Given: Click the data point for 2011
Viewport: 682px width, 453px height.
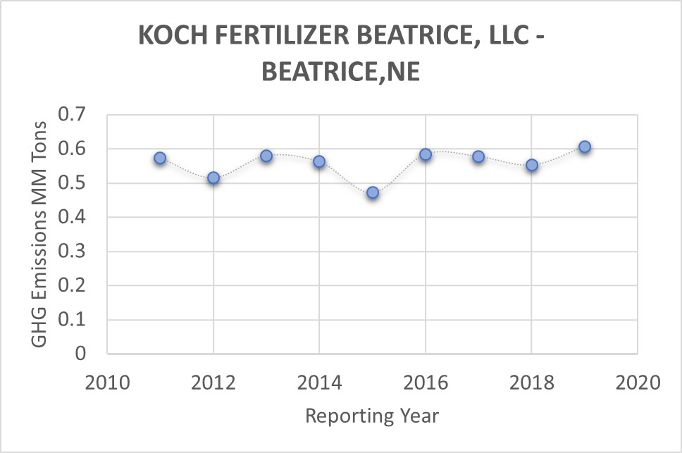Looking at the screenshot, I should (x=160, y=159).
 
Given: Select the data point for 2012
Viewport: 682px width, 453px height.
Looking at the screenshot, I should (x=213, y=178).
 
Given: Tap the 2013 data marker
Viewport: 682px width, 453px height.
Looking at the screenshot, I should (x=266, y=156).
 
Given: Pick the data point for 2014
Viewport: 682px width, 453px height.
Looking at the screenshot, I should (x=319, y=161).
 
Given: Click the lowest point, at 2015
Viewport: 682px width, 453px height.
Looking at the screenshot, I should (x=373, y=192).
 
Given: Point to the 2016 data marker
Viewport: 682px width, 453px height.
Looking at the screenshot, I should (x=426, y=154).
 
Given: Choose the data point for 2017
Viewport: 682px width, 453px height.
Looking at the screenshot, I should (x=478, y=156).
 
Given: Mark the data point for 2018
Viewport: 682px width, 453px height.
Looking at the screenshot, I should (x=532, y=166).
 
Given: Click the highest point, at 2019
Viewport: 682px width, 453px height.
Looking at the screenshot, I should (x=585, y=147).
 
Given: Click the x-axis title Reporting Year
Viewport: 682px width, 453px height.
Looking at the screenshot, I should (x=372, y=416).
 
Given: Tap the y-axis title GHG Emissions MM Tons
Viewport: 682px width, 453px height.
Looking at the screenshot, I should (x=40, y=234).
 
